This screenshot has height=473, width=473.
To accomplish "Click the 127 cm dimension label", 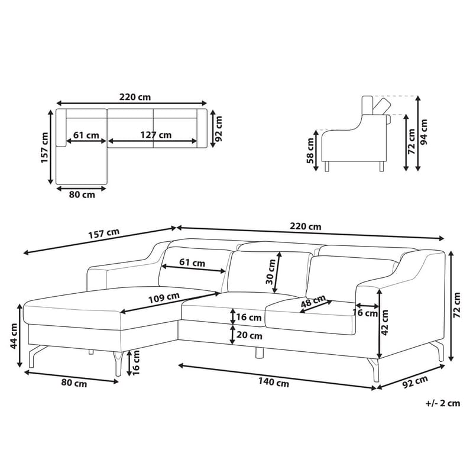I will tap(156, 134).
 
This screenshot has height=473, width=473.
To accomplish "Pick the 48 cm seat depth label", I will tap(314, 303).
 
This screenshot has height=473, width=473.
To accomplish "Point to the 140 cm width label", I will tap(273, 383).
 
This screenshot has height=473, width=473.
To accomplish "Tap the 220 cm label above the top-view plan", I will tap(135, 97).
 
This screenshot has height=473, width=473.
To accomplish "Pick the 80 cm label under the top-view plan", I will tap(82, 195).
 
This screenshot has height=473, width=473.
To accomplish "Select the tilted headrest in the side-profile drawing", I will tap(380, 105).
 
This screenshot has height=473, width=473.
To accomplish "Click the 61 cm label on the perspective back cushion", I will tap(192, 262).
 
